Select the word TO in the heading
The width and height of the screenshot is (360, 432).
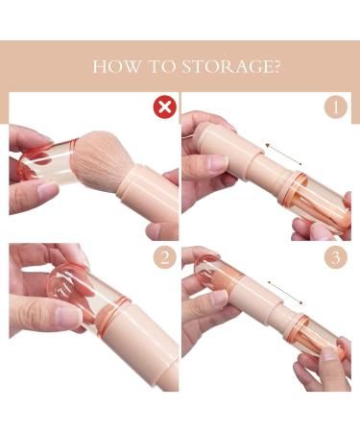pos(162,66)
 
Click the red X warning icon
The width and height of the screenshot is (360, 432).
pos(164,107)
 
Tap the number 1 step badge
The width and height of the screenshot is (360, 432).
pos(334,107)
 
